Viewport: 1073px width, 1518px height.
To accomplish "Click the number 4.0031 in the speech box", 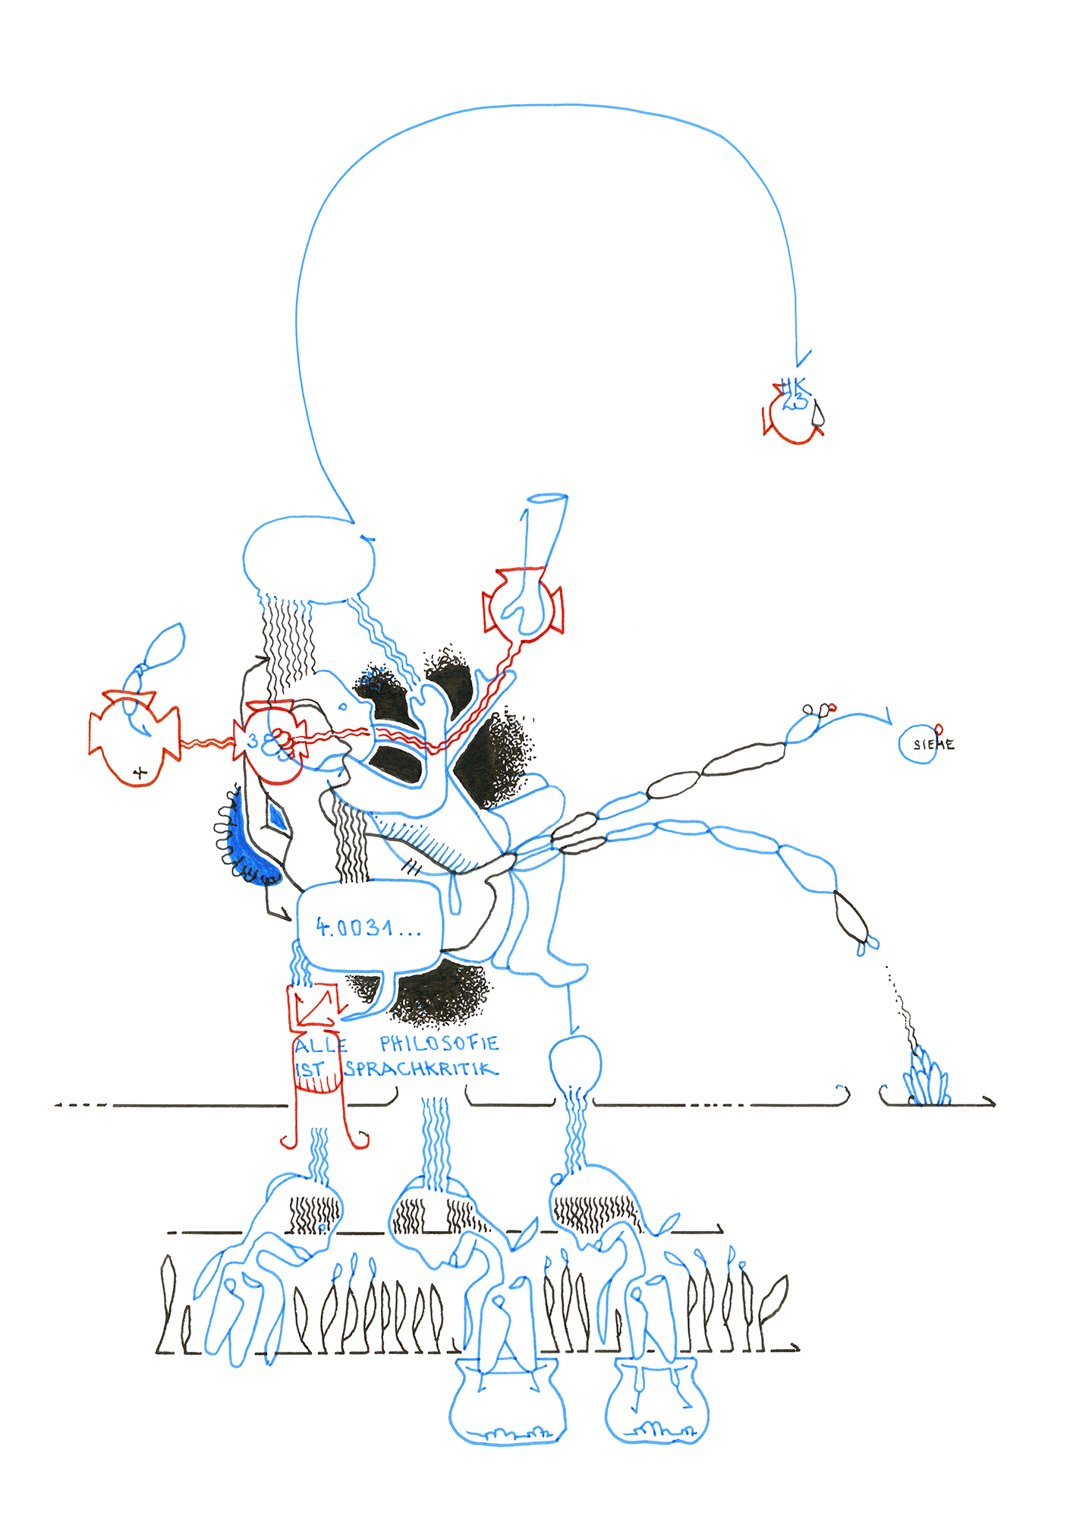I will [367, 927].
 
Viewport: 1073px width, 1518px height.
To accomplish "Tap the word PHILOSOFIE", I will [439, 1044].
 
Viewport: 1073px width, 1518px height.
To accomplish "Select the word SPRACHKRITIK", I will [421, 1069].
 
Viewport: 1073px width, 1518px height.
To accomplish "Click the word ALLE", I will [320, 1046].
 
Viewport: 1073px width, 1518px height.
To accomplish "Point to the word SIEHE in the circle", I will [933, 745].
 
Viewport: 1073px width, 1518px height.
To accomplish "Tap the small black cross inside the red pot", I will [139, 773].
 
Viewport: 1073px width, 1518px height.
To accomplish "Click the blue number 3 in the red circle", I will [253, 741].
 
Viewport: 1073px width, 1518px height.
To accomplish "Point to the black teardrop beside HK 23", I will [817, 414].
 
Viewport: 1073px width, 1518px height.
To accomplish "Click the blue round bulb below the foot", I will [574, 1062].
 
